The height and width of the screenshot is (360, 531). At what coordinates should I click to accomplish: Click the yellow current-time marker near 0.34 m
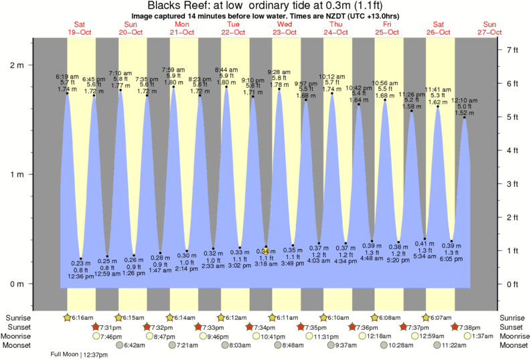point(266,251)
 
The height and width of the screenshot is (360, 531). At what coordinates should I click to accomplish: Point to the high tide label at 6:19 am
point(66,83)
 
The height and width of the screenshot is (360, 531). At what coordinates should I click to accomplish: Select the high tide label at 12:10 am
point(464,107)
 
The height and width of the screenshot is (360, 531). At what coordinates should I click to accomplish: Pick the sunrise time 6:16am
point(80,317)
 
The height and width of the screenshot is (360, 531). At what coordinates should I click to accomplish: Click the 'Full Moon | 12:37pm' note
point(78,355)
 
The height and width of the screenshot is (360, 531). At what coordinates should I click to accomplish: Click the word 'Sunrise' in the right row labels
point(512,317)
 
